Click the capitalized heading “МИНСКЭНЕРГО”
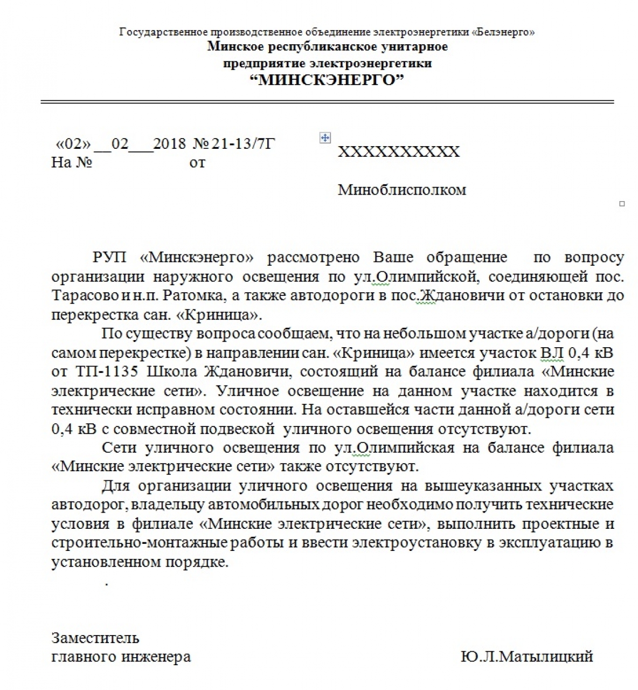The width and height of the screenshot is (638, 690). click(x=328, y=80)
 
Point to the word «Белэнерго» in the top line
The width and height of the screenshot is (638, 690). click(x=503, y=32)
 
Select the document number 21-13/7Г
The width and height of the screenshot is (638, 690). click(x=243, y=144)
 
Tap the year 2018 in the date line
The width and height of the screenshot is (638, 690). click(x=169, y=144)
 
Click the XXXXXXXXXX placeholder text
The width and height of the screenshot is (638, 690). click(x=399, y=151)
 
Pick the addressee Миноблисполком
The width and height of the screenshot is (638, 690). click(x=401, y=190)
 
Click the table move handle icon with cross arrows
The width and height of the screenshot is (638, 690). click(x=325, y=138)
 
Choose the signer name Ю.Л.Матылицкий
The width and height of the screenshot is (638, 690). click(x=526, y=657)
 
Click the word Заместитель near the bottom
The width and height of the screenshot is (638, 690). click(x=95, y=638)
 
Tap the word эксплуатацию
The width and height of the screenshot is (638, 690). click(x=542, y=543)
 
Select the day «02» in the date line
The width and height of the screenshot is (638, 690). click(x=74, y=144)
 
